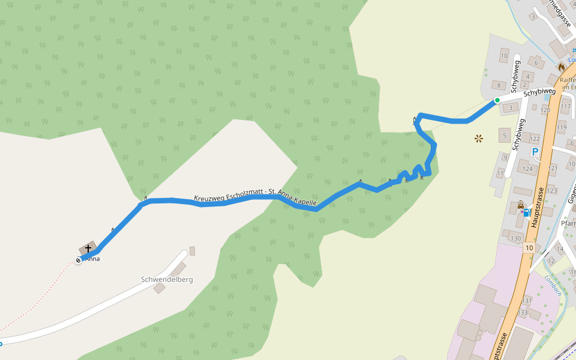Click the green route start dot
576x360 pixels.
pyautogui.click(x=497, y=100)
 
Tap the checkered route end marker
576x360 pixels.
pyautogui.click(x=78, y=260)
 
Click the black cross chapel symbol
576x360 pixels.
pyautogui.click(x=88, y=248)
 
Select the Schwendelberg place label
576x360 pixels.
pyautogui.click(x=167, y=280)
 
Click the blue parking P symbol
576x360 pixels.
pyautogui.click(x=534, y=152)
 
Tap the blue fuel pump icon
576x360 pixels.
pyautogui.click(x=526, y=212)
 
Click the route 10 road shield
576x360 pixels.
pyautogui.click(x=529, y=247)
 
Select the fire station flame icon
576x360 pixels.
pyautogui.click(x=562, y=67)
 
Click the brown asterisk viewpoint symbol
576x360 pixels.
pyautogui.click(x=479, y=139)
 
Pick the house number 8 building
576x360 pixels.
pyautogui.click(x=498, y=85)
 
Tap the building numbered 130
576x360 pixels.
pyautogui.click(x=515, y=238)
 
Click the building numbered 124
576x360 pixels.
pyautogui.click(x=527, y=169)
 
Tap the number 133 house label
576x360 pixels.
pyautogui.click(x=523, y=313)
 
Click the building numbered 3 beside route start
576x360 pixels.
pyautogui.click(x=511, y=108)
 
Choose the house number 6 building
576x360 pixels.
pyautogui.click(x=536, y=62)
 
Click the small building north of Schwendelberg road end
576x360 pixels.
pyautogui.click(x=192, y=250)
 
